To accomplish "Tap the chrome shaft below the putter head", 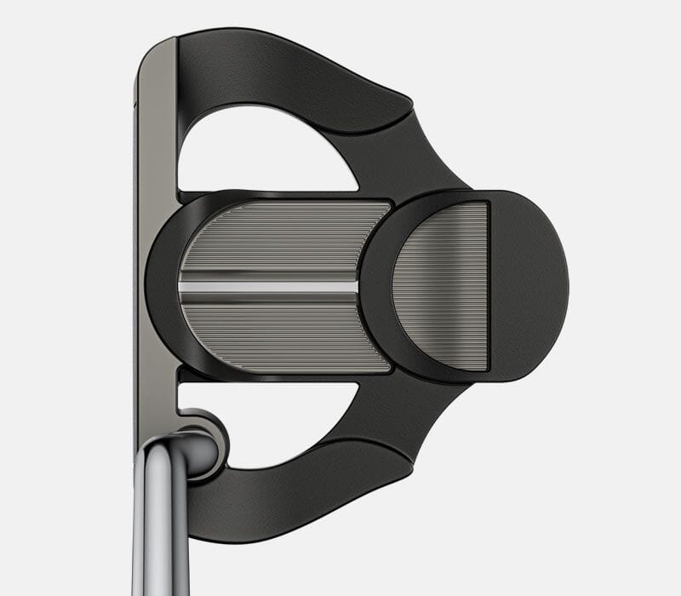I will click(162, 528).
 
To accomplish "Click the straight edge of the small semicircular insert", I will click(486, 285).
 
